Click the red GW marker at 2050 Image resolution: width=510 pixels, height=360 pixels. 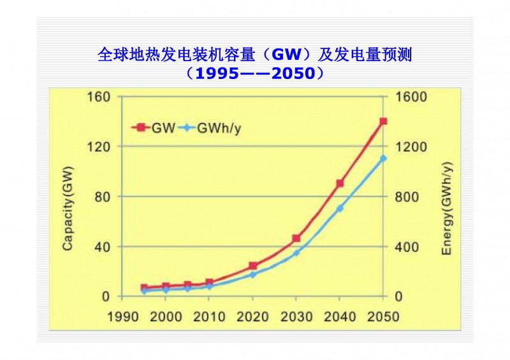pos(383,121)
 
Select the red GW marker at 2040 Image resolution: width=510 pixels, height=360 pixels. pos(340,184)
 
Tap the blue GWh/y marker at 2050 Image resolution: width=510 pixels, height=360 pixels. pos(383,158)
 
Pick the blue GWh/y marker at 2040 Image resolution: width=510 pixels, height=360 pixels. pos(340,208)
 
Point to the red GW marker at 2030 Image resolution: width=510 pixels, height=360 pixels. pos(296,239)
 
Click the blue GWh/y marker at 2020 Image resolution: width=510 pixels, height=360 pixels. pos(252,275)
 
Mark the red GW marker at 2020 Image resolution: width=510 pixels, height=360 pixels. pos(252,266)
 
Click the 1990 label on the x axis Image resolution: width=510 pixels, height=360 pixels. pos(122,317)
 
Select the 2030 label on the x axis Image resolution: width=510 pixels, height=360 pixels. pos(296,317)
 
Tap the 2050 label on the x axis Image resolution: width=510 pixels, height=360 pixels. pos(383,317)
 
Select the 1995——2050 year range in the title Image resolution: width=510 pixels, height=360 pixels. pos(256,74)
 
